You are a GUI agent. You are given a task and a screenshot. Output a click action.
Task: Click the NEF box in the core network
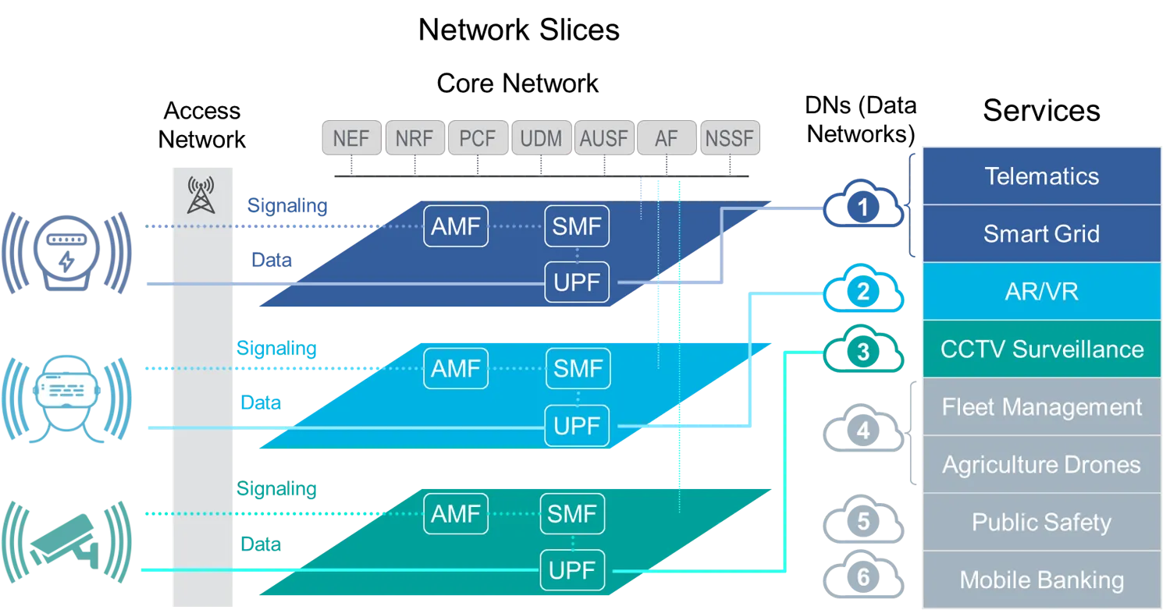pyautogui.click(x=351, y=138)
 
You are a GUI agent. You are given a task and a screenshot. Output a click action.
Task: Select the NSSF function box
pyautogui.click(x=730, y=138)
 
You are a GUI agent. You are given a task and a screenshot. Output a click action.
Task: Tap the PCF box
pyautogui.click(x=478, y=138)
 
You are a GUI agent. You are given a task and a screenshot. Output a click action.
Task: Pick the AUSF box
pyautogui.click(x=604, y=138)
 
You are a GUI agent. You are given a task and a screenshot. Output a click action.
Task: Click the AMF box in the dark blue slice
pyautogui.click(x=456, y=226)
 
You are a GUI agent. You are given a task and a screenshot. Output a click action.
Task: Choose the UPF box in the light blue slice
pyautogui.click(x=577, y=426)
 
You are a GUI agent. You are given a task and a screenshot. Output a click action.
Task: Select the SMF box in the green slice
pyautogui.click(x=572, y=514)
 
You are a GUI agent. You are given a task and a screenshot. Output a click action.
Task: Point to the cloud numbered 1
pyautogui.click(x=863, y=204)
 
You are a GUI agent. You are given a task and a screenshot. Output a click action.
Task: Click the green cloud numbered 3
pyautogui.click(x=863, y=349)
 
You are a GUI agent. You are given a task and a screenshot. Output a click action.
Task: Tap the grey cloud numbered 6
pyautogui.click(x=863, y=575)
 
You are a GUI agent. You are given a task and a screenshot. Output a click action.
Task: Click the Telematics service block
pyautogui.click(x=1041, y=176)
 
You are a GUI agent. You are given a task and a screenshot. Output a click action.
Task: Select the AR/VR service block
pyautogui.click(x=1041, y=292)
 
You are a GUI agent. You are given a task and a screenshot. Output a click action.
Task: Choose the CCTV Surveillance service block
pyautogui.click(x=1041, y=349)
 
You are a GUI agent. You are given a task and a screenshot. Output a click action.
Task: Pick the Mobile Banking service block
pyautogui.click(x=1041, y=580)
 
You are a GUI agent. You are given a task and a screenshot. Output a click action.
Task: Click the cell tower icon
pyautogui.click(x=201, y=196)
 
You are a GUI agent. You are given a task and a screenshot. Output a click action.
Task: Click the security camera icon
pyautogui.click(x=66, y=542)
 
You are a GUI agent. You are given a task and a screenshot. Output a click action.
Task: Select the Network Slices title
pyautogui.click(x=519, y=30)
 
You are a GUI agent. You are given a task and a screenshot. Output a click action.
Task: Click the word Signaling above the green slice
pyautogui.click(x=276, y=488)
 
